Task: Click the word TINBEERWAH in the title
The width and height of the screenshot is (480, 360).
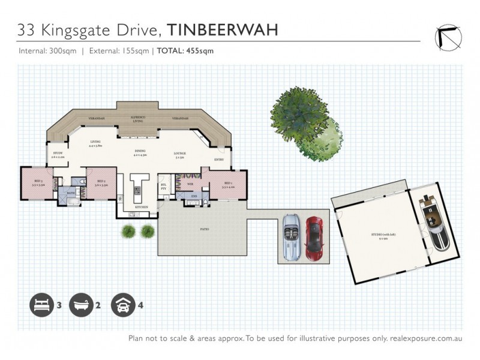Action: pyautogui.click(x=221, y=30)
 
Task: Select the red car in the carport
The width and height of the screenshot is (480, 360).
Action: pyautogui.click(x=314, y=238)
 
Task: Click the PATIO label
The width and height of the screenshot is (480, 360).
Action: pyautogui.click(x=204, y=229)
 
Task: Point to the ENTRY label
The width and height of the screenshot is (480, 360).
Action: pyautogui.click(x=218, y=160)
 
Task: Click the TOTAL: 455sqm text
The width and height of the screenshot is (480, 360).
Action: pyautogui.click(x=185, y=51)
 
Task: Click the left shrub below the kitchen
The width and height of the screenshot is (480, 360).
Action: pyautogui.click(x=127, y=230)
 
